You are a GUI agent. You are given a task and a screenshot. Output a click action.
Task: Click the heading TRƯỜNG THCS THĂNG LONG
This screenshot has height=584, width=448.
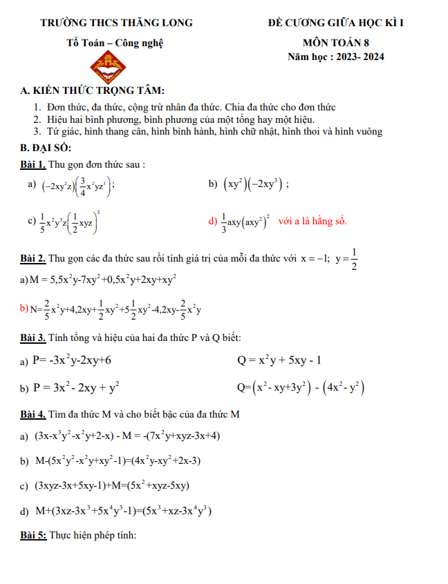[116, 23]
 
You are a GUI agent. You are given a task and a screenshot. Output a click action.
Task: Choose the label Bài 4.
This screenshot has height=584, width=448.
[34, 414]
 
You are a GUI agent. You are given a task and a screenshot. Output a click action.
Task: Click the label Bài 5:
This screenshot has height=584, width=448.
[35, 535]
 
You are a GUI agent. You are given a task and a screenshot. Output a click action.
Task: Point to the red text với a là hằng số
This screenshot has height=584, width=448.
[312, 222]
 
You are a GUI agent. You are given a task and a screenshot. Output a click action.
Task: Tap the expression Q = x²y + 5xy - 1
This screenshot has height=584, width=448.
[279, 360]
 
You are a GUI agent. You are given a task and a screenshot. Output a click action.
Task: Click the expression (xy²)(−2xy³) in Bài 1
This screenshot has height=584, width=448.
[253, 184]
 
